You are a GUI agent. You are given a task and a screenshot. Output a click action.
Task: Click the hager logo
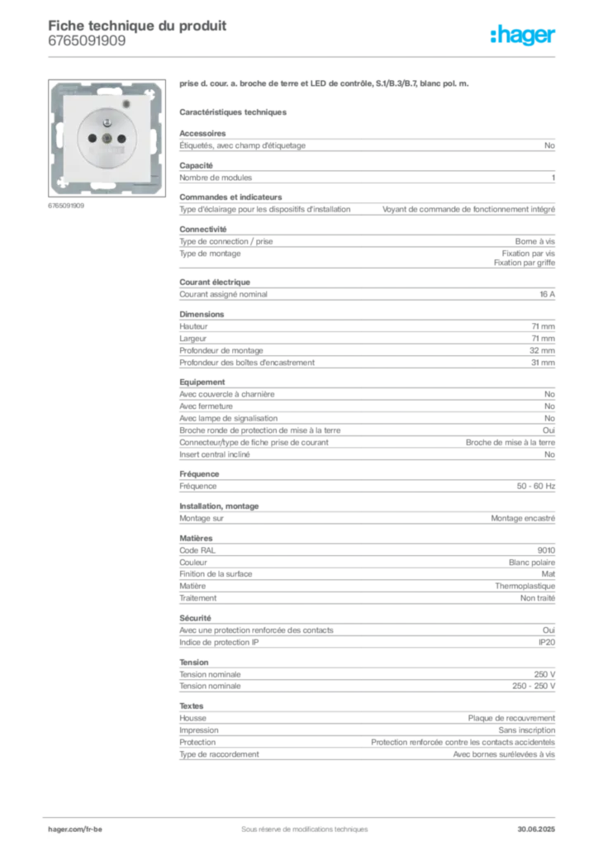(522, 35)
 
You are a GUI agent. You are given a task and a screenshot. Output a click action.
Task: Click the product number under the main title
(87, 41)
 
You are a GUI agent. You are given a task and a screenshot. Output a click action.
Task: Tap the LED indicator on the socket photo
(126, 103)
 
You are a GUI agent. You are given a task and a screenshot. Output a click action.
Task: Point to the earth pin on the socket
(107, 124)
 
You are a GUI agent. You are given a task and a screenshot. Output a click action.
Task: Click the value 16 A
(547, 295)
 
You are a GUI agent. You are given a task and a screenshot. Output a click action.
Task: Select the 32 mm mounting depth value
(542, 350)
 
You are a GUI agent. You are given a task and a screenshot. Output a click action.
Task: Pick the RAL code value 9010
(546, 550)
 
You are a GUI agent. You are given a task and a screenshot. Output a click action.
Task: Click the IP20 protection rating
(546, 643)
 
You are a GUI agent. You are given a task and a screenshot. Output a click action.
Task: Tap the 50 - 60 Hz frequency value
(535, 486)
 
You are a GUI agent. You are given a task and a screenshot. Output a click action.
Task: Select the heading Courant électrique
(215, 283)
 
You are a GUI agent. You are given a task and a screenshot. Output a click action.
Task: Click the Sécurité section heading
(195, 618)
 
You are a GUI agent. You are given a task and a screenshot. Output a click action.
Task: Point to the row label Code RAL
(197, 550)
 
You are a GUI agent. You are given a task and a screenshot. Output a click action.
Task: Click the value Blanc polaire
(532, 562)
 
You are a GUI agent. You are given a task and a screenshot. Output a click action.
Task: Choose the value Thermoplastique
(524, 586)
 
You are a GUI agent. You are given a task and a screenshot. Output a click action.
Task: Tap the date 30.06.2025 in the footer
(536, 829)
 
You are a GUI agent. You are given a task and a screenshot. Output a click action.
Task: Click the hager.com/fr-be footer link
(75, 829)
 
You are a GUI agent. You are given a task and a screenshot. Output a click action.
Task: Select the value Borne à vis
(534, 242)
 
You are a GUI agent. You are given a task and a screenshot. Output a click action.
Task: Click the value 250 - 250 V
(534, 687)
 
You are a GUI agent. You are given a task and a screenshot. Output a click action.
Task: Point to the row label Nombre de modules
(216, 178)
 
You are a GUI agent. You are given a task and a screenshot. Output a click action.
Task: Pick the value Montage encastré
(523, 519)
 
